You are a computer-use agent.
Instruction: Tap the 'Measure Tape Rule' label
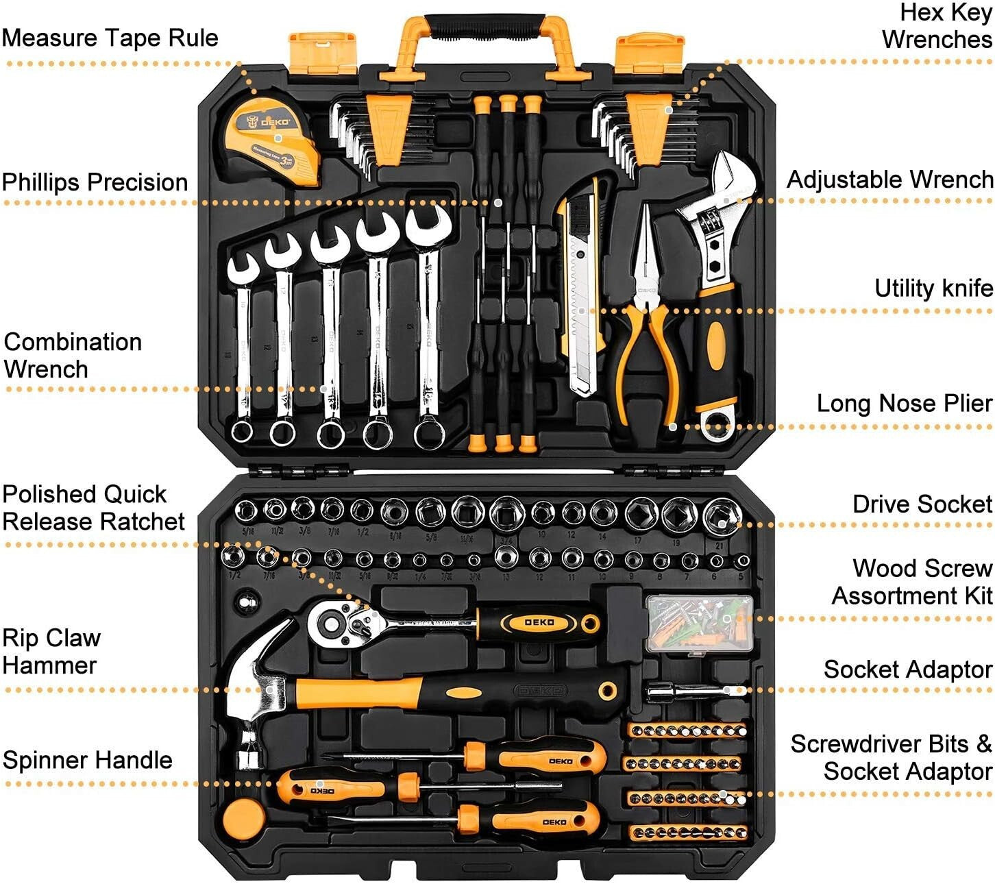point(110,38)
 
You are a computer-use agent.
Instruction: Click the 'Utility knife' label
point(933,288)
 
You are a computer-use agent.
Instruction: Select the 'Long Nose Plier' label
point(904,403)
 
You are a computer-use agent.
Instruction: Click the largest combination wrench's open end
point(428,225)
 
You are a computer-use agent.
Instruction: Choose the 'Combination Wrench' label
point(72,355)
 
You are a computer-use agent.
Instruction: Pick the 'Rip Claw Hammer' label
point(51,651)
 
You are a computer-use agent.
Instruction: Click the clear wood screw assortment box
point(699,623)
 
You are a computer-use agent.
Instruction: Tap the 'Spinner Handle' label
point(87,760)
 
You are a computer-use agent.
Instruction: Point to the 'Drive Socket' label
point(922,504)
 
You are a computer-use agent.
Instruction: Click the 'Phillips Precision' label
point(95,182)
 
